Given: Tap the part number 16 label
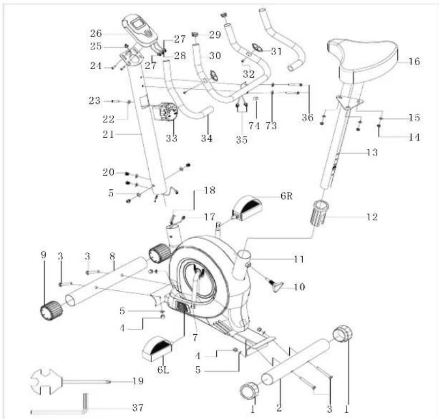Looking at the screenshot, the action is pyautogui.click(x=414, y=62).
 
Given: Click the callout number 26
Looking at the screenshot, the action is pyautogui.click(x=96, y=33).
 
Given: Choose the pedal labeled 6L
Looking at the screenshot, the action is pyautogui.click(x=157, y=349).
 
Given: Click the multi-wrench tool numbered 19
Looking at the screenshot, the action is pyautogui.click(x=70, y=381).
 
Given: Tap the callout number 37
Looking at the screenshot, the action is pyautogui.click(x=138, y=408).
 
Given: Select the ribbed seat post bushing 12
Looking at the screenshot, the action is pyautogui.click(x=319, y=212).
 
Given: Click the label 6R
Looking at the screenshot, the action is pyautogui.click(x=287, y=196).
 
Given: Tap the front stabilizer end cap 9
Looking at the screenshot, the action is pyautogui.click(x=51, y=310).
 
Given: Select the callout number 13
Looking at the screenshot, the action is pyautogui.click(x=372, y=152).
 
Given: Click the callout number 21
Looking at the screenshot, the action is pyautogui.click(x=108, y=135).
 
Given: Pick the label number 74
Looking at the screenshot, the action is pyautogui.click(x=254, y=126).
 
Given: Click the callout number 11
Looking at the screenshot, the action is pyautogui.click(x=299, y=260).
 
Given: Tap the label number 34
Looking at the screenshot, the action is pyautogui.click(x=207, y=138).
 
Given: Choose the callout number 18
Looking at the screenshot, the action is pyautogui.click(x=209, y=190).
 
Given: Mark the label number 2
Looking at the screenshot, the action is pyautogui.click(x=279, y=408).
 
